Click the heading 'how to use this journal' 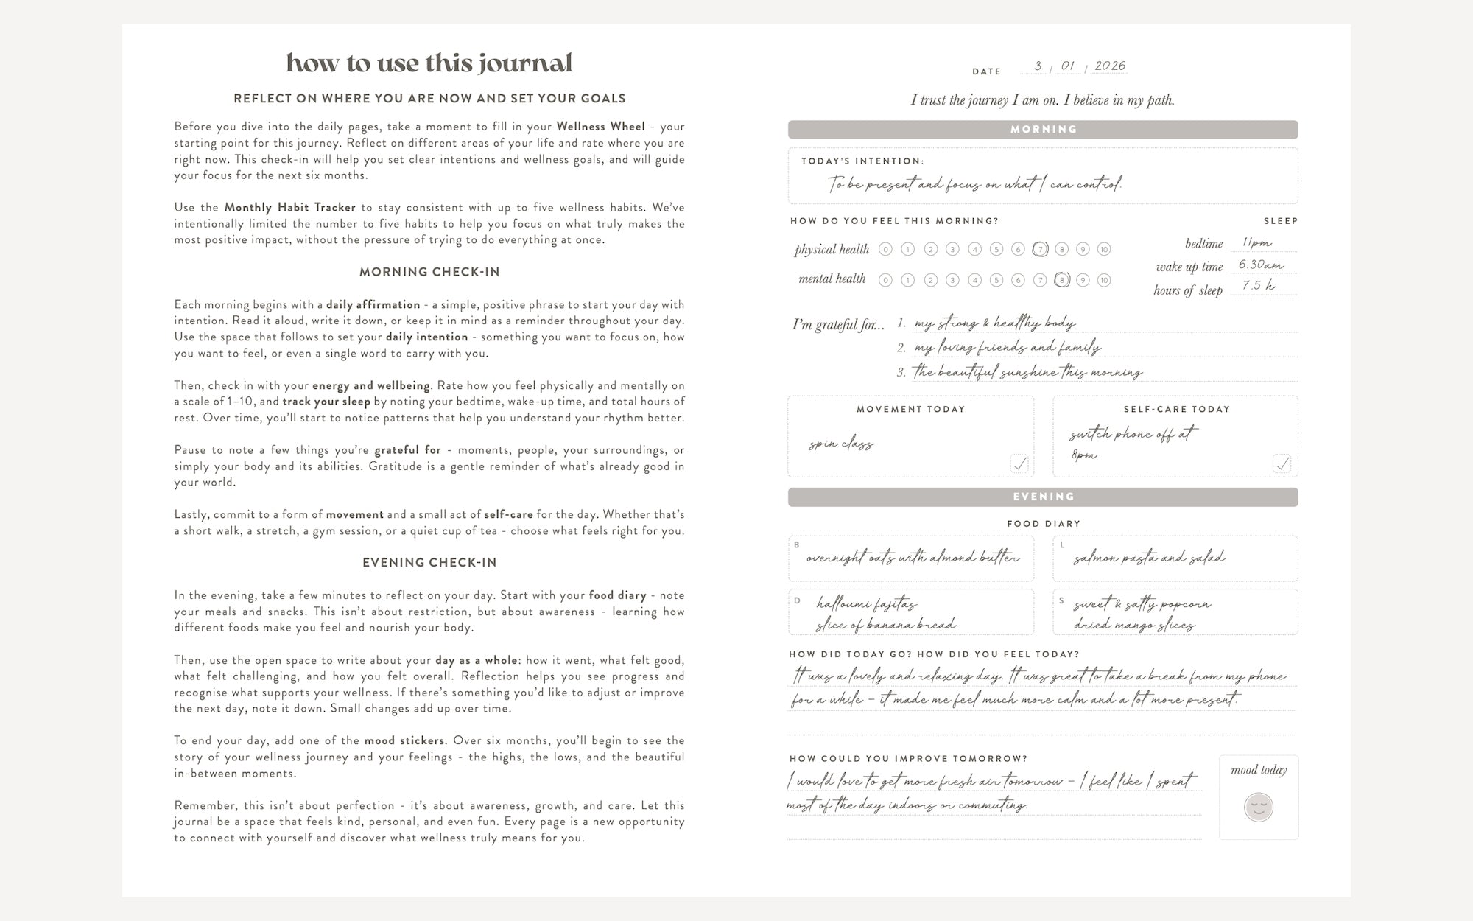coord(429,63)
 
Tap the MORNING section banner coord(1043,130)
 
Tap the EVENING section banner coord(1043,497)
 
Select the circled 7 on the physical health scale coord(1040,250)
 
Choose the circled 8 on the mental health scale coord(1061,280)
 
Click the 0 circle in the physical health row coord(886,250)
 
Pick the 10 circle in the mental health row coord(1103,280)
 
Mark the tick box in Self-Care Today coord(1282,463)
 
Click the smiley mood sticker coord(1259,807)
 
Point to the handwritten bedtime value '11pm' coord(1256,242)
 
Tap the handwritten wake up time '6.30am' coord(1261,265)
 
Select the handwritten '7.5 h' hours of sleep coord(1258,286)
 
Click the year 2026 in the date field coord(1110,66)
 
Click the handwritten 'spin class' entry coord(841,444)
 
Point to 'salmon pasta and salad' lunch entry coord(1149,558)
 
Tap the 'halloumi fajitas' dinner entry coord(866,605)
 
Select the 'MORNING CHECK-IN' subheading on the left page coord(429,272)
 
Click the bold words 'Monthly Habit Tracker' coord(289,208)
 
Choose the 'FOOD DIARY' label coord(1044,524)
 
